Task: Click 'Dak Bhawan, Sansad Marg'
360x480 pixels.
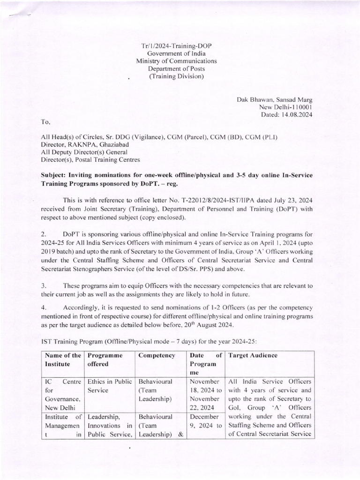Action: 276,99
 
